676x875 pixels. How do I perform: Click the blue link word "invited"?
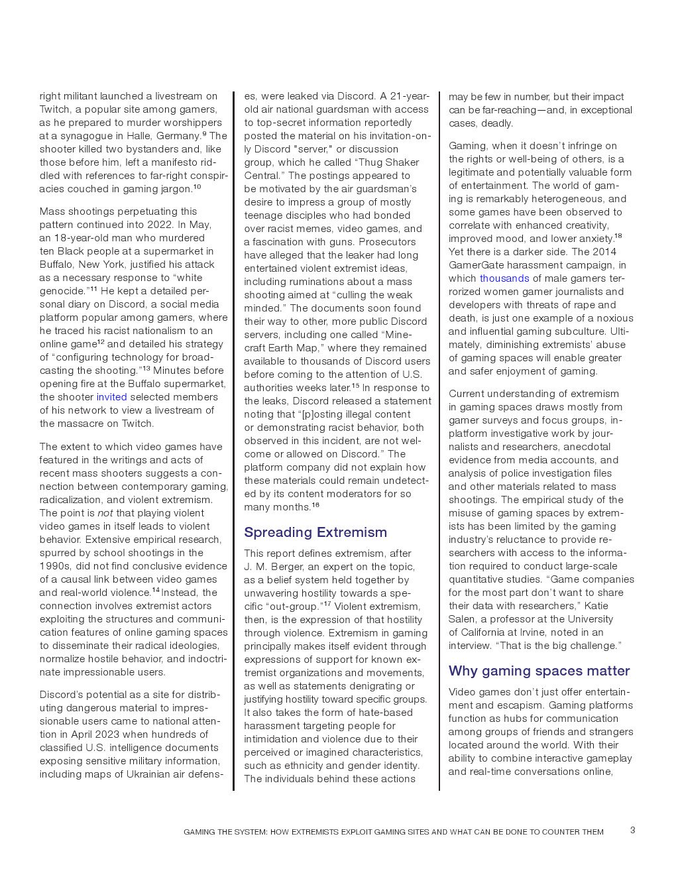pos(111,397)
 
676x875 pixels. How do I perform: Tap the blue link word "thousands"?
pos(504,278)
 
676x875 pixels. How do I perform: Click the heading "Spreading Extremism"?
pos(315,532)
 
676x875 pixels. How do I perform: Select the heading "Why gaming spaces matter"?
pos(539,671)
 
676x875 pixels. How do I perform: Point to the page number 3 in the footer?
pos(632,830)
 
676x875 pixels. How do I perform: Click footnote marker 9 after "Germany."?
pos(204,133)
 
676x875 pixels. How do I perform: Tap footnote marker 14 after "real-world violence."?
pos(156,590)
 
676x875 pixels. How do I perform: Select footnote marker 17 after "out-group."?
pos(327,604)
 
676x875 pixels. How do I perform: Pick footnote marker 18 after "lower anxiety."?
pos(618,236)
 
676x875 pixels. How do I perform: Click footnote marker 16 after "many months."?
pos(315,505)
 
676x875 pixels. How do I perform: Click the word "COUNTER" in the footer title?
pos(561,832)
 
